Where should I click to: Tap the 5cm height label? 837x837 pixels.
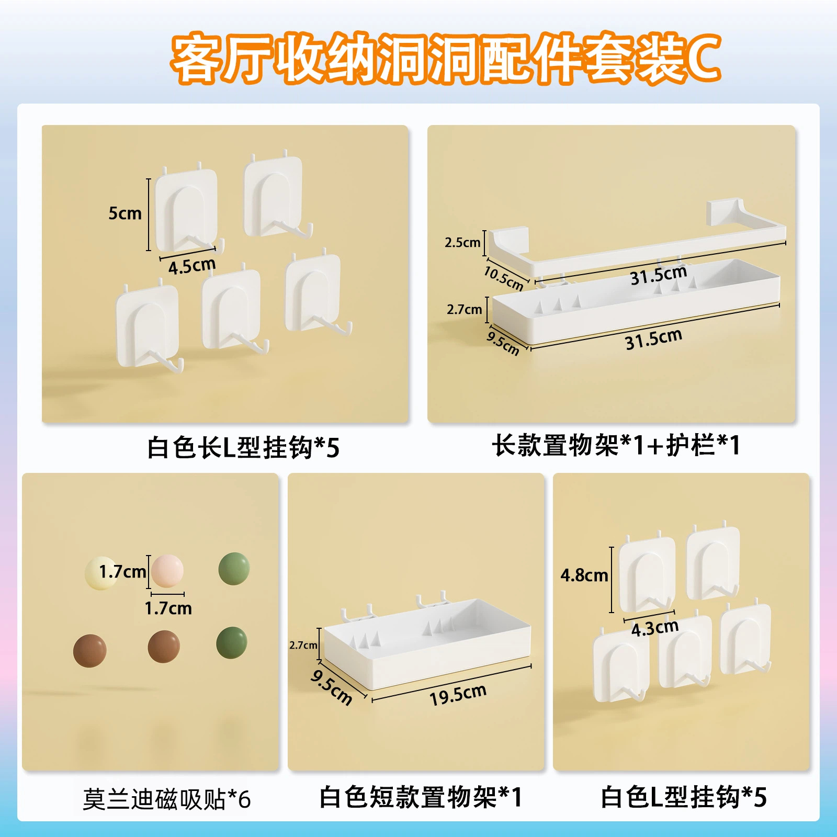(x=125, y=213)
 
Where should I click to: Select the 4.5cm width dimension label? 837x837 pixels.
(x=192, y=266)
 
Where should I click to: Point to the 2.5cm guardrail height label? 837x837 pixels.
(x=462, y=242)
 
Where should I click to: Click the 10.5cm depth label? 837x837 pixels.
(x=503, y=278)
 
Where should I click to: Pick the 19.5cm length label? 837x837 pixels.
(x=458, y=694)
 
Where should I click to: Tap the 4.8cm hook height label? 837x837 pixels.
(x=584, y=575)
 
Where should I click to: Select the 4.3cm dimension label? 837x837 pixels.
(x=655, y=627)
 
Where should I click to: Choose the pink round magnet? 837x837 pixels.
(x=167, y=571)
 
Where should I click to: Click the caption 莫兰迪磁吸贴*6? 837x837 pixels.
(x=167, y=799)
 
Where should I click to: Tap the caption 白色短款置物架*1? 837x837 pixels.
(x=421, y=797)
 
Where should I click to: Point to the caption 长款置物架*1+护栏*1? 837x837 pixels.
(x=616, y=445)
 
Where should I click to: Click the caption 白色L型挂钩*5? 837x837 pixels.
(x=684, y=797)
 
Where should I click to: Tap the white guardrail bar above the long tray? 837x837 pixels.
(x=636, y=238)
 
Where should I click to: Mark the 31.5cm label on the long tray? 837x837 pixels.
(x=653, y=339)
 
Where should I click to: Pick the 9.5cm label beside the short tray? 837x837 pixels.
(x=331, y=687)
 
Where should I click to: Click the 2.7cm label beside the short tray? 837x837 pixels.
(x=303, y=645)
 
